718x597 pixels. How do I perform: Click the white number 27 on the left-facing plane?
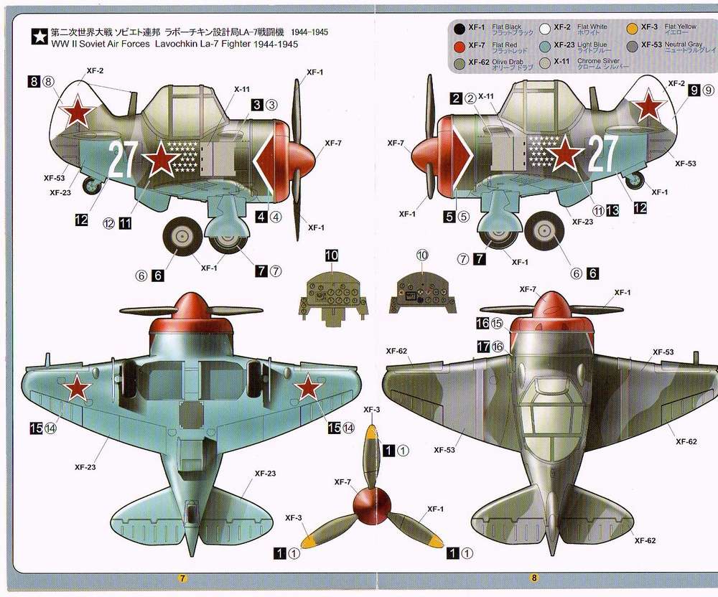(x=123, y=161)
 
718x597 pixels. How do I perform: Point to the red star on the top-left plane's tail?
(x=75, y=111)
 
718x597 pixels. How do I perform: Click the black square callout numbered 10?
(x=331, y=255)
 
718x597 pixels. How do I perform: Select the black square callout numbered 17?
(x=482, y=346)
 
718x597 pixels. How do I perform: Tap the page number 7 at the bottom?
(x=183, y=578)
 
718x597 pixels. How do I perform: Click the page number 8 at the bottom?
(x=533, y=578)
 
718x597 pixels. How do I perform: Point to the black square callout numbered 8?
(x=34, y=82)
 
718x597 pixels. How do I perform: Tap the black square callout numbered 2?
(x=456, y=98)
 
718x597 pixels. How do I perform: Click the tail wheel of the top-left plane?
(x=92, y=187)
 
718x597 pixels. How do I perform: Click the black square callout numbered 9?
(x=694, y=90)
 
